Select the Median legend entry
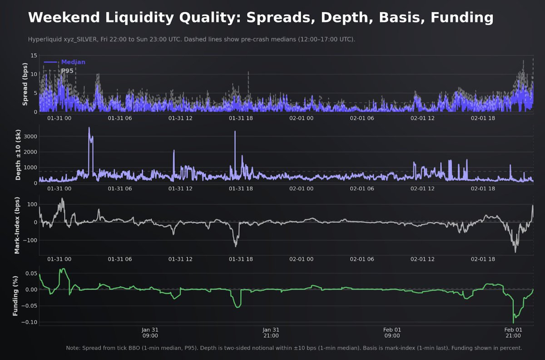pos(73,62)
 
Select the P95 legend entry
pos(67,71)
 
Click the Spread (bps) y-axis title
pos(25,84)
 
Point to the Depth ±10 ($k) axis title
pos(19,155)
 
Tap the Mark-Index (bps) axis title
pos(17,225)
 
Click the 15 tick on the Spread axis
pos(33,55)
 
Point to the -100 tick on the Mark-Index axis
pos(30,240)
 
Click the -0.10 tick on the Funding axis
pos(29,322)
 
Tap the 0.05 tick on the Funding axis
pos(30,273)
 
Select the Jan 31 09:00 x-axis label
pos(150,333)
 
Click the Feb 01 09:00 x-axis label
pos(392,333)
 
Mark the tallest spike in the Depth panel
pos(89,128)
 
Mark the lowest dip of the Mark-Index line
pos(515,252)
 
